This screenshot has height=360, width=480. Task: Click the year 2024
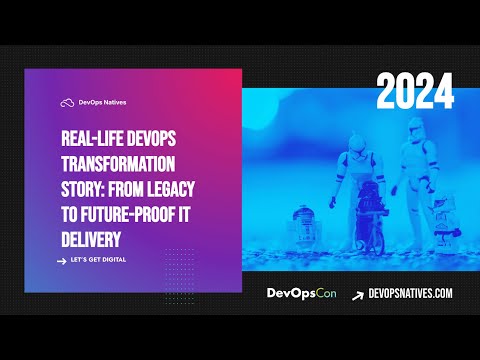click(x=415, y=92)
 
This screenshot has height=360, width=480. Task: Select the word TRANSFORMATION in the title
click(x=117, y=162)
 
